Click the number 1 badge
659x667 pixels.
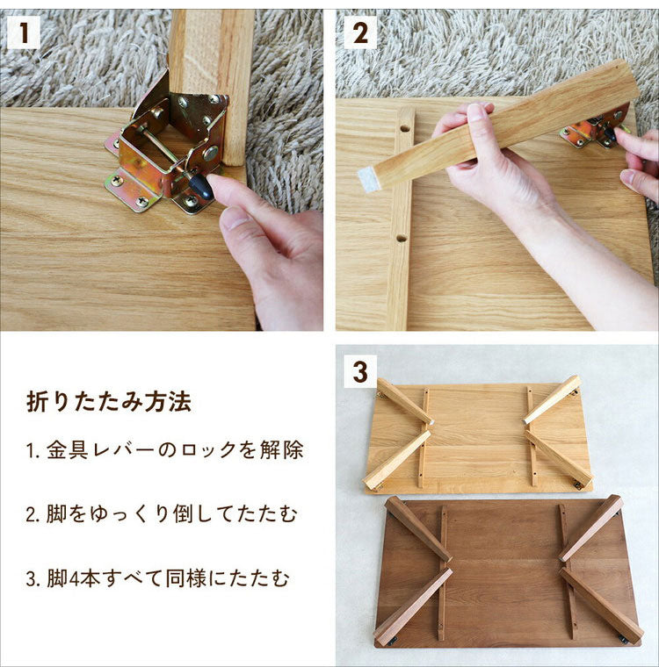click(24, 33)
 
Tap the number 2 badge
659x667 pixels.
click(359, 33)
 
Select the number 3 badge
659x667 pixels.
click(359, 371)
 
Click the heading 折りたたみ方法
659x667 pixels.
click(108, 403)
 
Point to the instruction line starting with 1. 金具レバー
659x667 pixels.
click(164, 451)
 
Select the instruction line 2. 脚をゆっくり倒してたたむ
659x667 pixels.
click(161, 514)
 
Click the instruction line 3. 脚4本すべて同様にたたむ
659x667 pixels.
click(157, 578)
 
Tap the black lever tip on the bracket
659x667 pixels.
click(201, 186)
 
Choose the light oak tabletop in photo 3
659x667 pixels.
click(479, 434)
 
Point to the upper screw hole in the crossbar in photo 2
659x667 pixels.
click(403, 128)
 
